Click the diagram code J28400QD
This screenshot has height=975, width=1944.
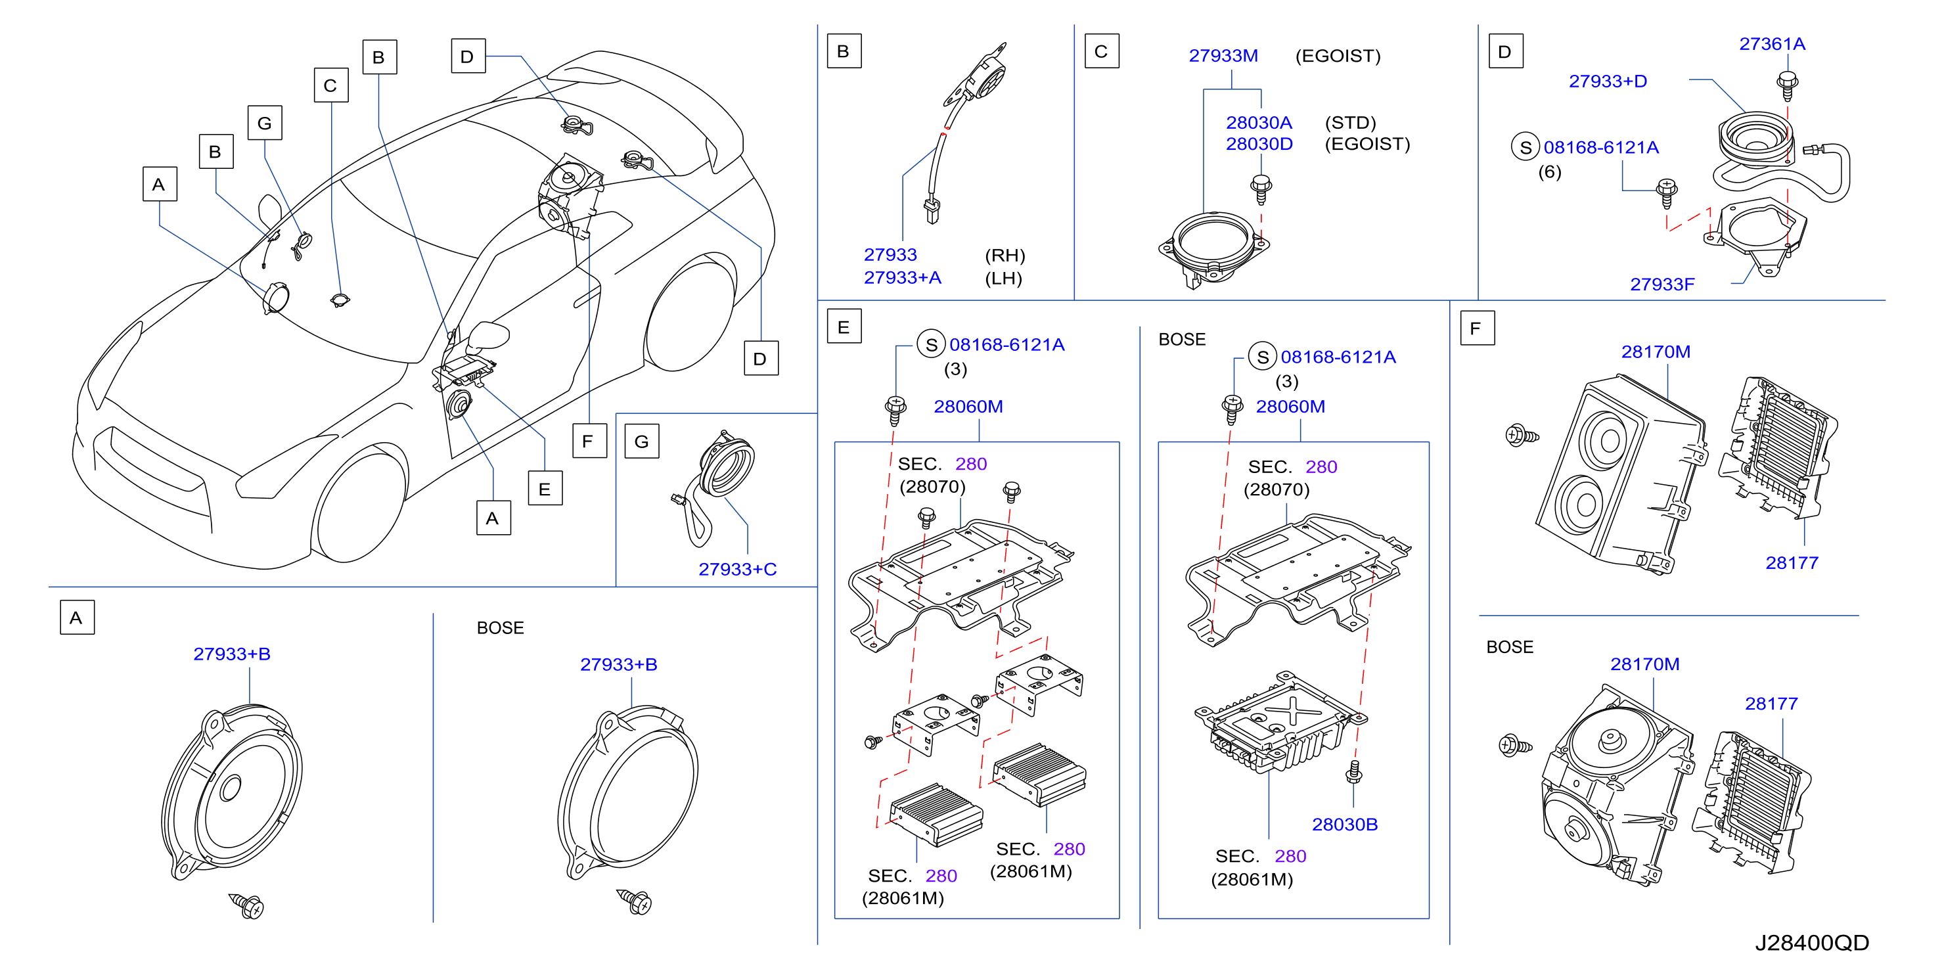(x=1811, y=943)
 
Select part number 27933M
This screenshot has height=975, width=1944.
(x=1223, y=56)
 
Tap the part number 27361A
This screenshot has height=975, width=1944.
(x=1772, y=44)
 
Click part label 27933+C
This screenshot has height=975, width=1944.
(x=737, y=569)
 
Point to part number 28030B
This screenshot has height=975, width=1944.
(x=1344, y=824)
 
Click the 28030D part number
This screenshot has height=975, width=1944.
(x=1259, y=143)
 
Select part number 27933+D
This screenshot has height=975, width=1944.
(x=1608, y=81)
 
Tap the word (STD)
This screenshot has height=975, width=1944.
(x=1350, y=122)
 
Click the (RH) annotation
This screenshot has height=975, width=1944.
(x=1005, y=255)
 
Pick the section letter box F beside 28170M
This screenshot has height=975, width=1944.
(x=1477, y=329)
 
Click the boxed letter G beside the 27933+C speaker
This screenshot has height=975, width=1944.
(x=641, y=442)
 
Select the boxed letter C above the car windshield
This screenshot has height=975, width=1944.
(x=330, y=85)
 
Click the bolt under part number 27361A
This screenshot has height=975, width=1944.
(x=1787, y=85)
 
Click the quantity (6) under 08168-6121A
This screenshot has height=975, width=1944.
(x=1549, y=172)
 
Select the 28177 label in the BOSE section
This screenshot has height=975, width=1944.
(x=1771, y=704)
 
